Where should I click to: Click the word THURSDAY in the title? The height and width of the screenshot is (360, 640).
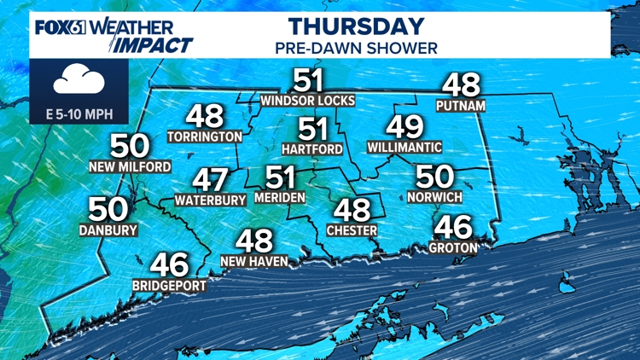356,26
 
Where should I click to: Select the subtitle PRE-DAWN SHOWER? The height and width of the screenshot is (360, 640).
356,48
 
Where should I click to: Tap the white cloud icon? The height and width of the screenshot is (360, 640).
79,81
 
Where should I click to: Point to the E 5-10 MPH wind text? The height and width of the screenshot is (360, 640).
79,113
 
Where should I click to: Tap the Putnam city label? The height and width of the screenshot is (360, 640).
461,106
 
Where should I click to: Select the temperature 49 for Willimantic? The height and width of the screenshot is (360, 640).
404,126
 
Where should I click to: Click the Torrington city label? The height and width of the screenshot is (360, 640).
205,136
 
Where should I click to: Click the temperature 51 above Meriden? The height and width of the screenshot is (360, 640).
280,177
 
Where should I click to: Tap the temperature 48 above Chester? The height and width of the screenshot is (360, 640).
351,209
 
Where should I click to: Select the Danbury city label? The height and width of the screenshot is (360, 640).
108,229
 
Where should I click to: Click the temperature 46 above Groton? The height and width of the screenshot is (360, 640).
452,227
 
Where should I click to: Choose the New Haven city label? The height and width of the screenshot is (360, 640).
253,261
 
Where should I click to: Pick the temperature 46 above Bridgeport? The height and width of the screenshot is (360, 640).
169,264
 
